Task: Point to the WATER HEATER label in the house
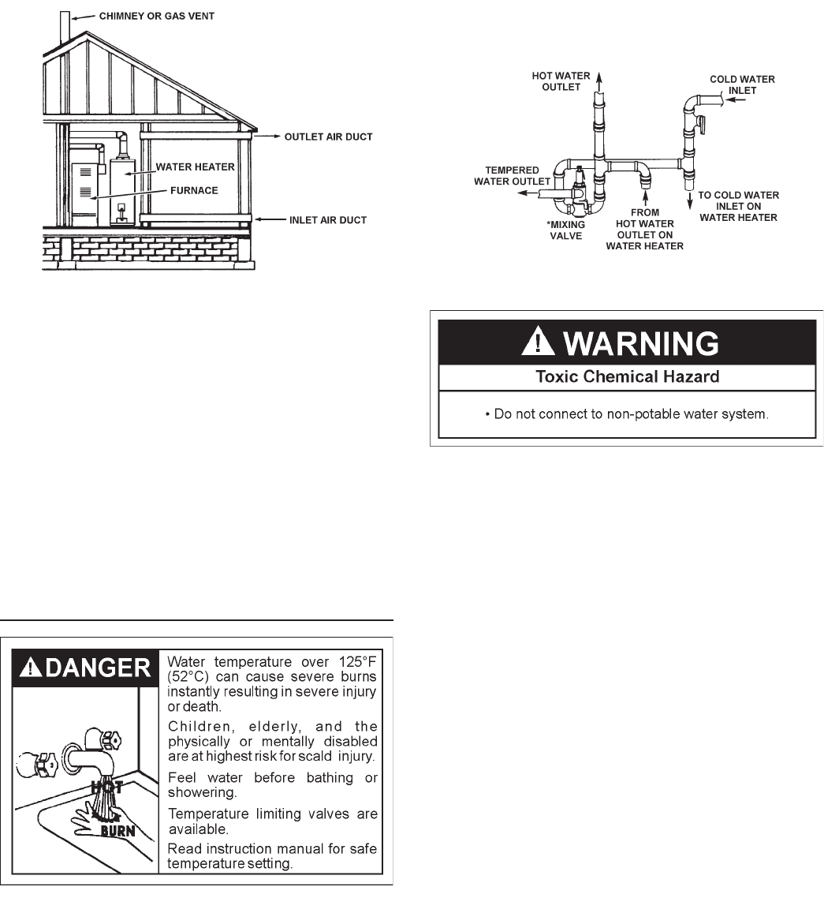click(195, 167)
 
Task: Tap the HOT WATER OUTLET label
click(561, 81)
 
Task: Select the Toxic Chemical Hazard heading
click(627, 376)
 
